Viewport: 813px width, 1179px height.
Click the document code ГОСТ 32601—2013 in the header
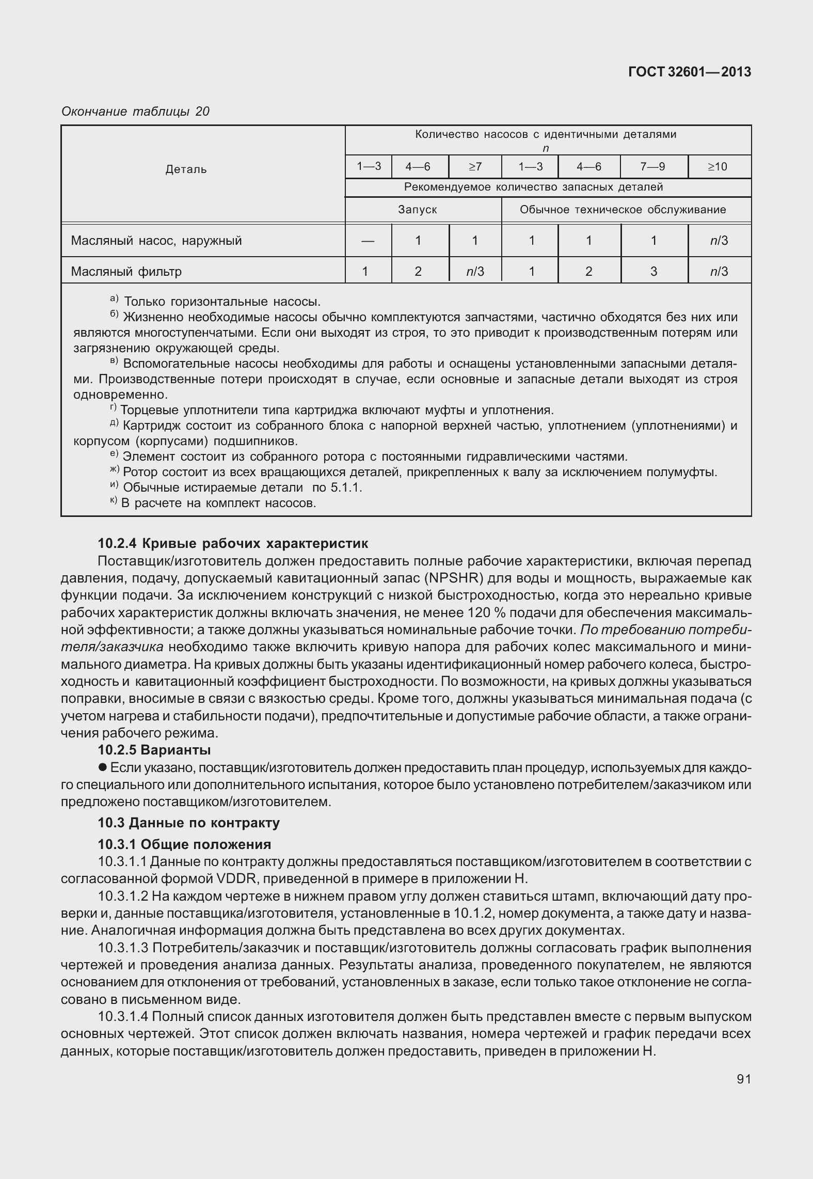(x=689, y=72)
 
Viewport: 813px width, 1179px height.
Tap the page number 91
(x=743, y=1079)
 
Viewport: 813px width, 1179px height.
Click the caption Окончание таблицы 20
(x=135, y=112)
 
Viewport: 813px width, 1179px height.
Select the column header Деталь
(x=186, y=169)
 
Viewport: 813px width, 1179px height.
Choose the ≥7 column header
(x=474, y=166)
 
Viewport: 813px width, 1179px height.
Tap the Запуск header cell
(x=417, y=210)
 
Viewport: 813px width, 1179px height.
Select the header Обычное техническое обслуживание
(x=623, y=210)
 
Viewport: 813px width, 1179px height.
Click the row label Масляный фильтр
(x=126, y=271)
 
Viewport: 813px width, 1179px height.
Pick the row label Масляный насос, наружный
(x=156, y=241)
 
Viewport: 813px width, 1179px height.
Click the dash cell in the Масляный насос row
(x=368, y=241)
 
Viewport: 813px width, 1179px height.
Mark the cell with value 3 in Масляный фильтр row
(x=653, y=271)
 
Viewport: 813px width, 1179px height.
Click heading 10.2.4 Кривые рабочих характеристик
(x=233, y=543)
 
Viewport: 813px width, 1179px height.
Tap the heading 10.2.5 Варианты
(x=154, y=749)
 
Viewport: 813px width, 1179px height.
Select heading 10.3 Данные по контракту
(x=189, y=823)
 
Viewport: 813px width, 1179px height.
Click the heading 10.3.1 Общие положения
(x=184, y=844)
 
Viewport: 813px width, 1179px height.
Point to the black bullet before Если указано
(x=103, y=767)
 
